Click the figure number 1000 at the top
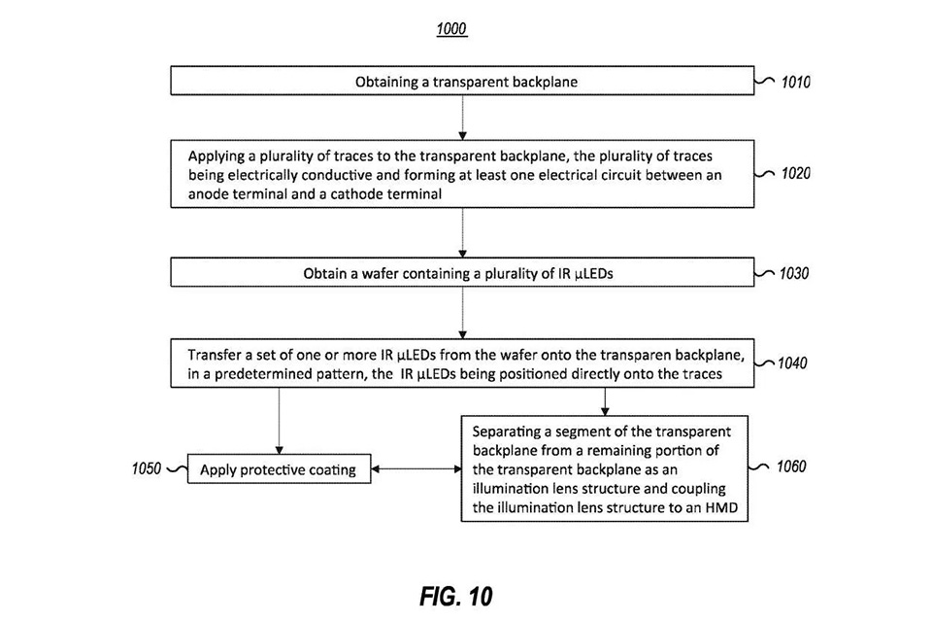click(x=451, y=28)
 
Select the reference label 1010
click(x=795, y=82)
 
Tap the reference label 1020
click(x=795, y=173)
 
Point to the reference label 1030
click(x=794, y=273)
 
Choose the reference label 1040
click(x=792, y=363)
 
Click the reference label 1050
click(x=147, y=469)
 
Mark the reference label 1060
click(x=791, y=466)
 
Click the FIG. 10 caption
click(x=456, y=597)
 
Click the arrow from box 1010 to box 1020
click(x=462, y=118)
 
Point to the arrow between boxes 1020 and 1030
click(x=462, y=232)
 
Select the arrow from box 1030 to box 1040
click(x=462, y=313)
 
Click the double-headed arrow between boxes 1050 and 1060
click(x=416, y=469)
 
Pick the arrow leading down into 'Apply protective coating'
click(x=279, y=421)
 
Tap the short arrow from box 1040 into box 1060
click(x=605, y=401)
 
